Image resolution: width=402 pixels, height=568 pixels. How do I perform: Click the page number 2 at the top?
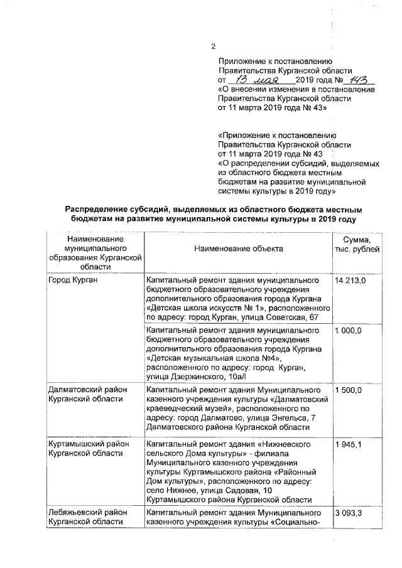tap(213, 46)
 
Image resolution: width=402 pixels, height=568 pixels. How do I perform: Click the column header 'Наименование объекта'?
tap(239, 249)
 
